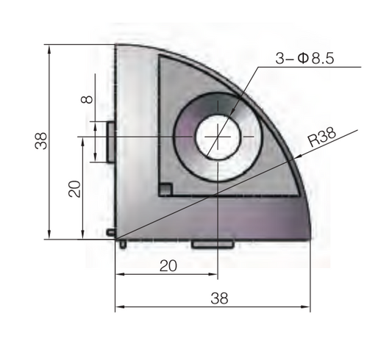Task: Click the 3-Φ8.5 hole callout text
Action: [305, 60]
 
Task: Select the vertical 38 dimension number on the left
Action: [41, 140]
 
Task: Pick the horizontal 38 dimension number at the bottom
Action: [219, 298]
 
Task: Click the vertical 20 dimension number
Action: [74, 189]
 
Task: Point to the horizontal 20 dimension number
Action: [167, 267]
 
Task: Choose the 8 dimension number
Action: [88, 96]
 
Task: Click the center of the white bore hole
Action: [217, 137]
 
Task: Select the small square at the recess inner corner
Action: [165, 190]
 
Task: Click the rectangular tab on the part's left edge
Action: [110, 140]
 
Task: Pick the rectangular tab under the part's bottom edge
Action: [213, 243]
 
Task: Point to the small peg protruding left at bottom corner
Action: [110, 232]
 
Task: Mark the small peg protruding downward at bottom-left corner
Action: [122, 243]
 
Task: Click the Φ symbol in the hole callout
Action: [304, 60]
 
